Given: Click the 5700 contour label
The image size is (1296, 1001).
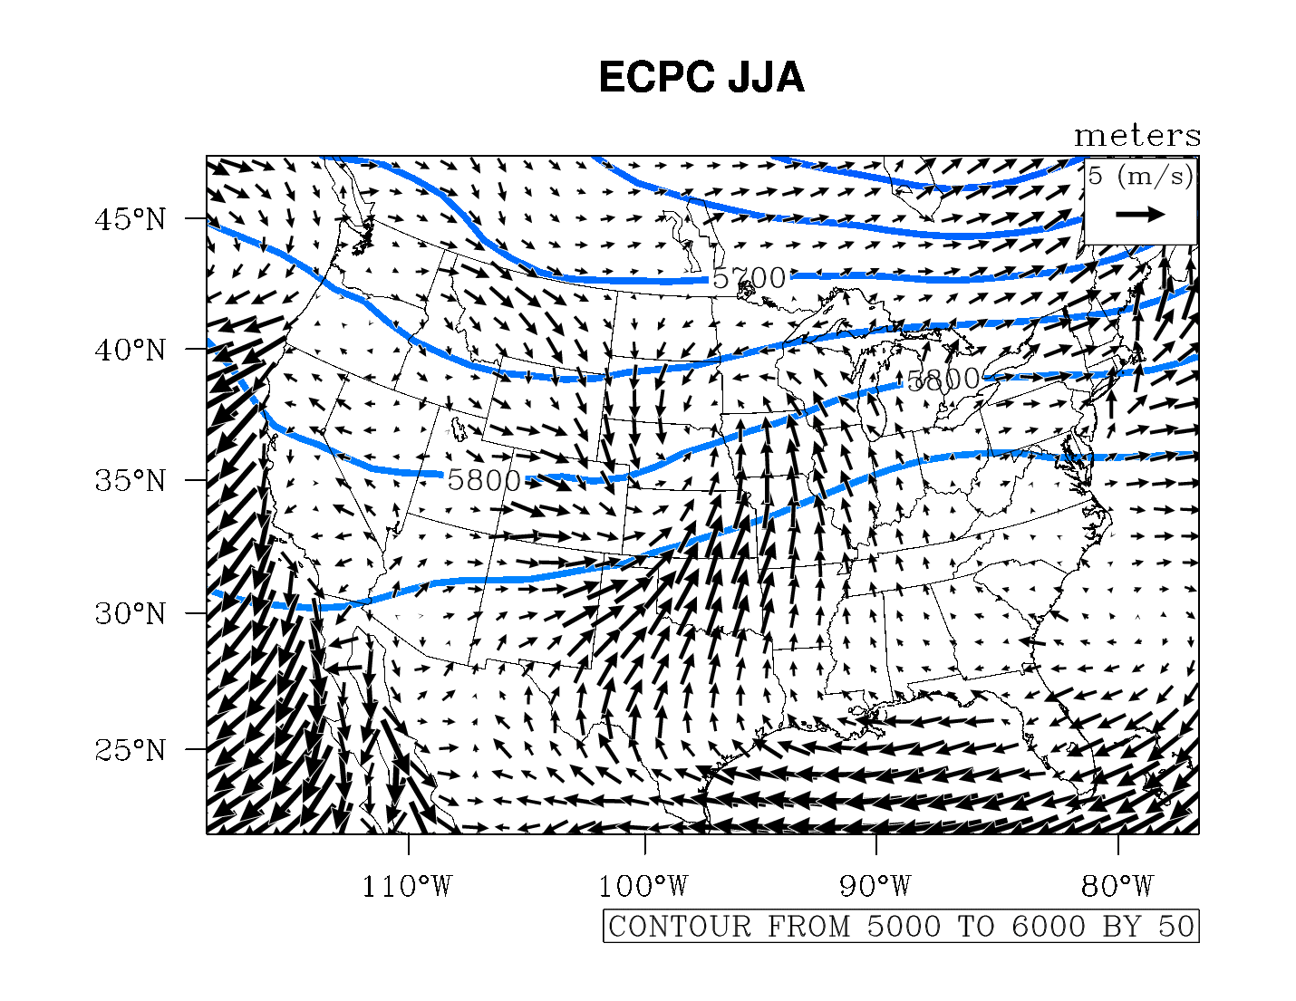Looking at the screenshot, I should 750,278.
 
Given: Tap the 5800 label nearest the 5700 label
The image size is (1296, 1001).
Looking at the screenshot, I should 943,379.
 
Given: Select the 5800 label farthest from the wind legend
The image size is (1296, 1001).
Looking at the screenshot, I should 484,480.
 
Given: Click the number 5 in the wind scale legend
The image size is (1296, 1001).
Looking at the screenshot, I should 1096,176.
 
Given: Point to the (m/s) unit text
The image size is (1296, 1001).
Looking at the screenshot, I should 1155,176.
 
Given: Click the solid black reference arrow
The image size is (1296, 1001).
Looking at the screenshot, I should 1139,215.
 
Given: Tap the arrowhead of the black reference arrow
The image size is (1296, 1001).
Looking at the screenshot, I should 1157,215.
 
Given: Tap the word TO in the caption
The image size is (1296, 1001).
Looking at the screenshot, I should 976,927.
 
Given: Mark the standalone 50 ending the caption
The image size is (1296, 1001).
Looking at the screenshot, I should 1175,927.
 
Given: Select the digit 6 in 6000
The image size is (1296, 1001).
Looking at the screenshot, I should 1021,927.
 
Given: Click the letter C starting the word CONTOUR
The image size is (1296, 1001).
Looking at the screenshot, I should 618,927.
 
